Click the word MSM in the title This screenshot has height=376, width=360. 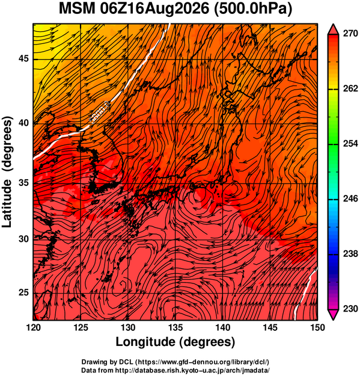pyautogui.click(x=77, y=9)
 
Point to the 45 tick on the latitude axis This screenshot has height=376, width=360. pyautogui.click(x=23, y=58)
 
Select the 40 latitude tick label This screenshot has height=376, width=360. pyautogui.click(x=23, y=123)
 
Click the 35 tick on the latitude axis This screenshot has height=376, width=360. pyautogui.click(x=23, y=183)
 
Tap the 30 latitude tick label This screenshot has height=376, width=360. pyautogui.click(x=23, y=239)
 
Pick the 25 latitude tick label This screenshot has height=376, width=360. pyautogui.click(x=23, y=292)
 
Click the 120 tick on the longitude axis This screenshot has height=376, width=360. pyautogui.click(x=33, y=327)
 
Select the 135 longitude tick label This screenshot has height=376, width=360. pyautogui.click(x=175, y=327)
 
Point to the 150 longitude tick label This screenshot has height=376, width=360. pyautogui.click(x=317, y=327)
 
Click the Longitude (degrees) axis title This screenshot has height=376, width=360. pyautogui.click(x=175, y=342)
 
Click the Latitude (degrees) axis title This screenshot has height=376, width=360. pyautogui.click(x=7, y=172)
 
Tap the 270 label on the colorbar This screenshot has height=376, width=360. pyautogui.click(x=350, y=34)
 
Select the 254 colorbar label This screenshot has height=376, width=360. pyautogui.click(x=350, y=144)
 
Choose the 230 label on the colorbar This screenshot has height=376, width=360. pyautogui.click(x=350, y=309)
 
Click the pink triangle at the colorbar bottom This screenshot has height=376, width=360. pyautogui.click(x=333, y=314)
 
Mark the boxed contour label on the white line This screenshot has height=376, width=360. pyautogui.click(x=100, y=111)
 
